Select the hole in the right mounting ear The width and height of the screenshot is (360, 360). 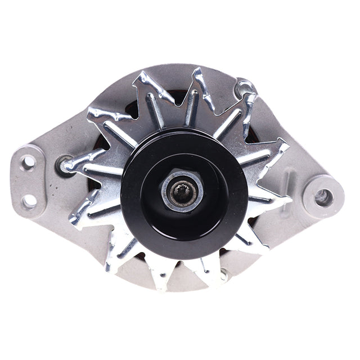(323, 197)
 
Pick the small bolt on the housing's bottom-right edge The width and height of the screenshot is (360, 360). (224, 276)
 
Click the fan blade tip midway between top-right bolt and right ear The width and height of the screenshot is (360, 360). (281, 147)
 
